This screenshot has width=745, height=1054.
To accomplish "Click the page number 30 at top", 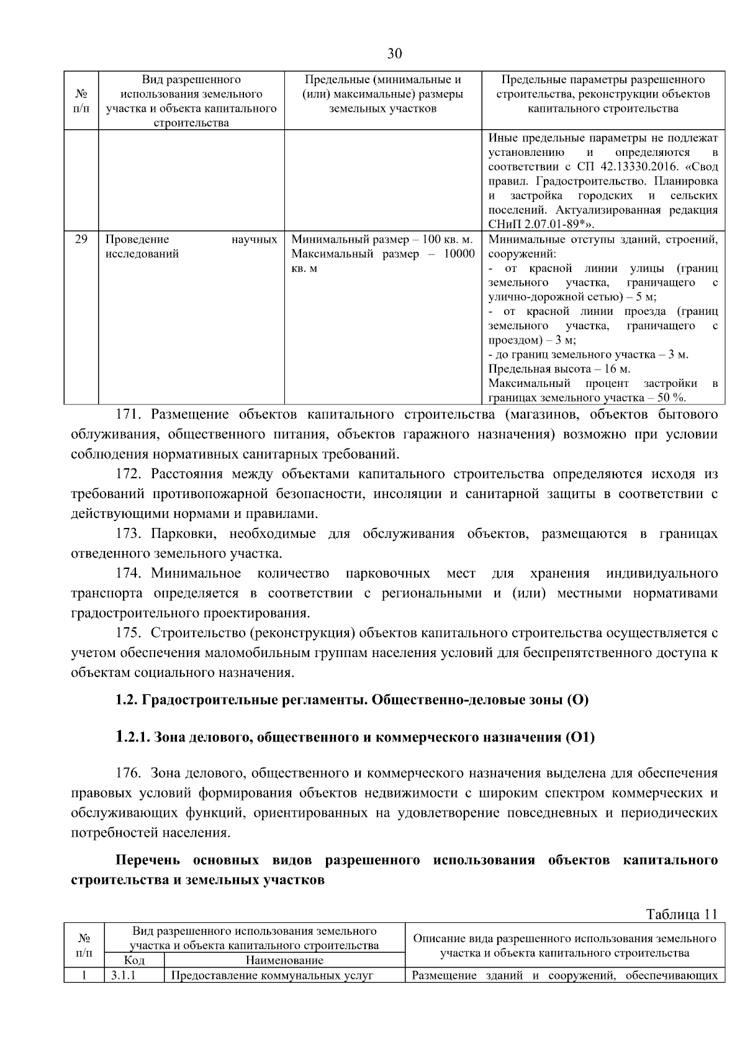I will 394,53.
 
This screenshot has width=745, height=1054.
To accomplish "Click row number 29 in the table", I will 81,239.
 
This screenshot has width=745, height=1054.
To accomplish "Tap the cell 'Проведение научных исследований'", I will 191,247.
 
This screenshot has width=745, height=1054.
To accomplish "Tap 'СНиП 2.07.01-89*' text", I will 533,224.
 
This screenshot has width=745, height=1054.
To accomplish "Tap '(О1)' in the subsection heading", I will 580,737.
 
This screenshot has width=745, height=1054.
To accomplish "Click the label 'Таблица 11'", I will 681,914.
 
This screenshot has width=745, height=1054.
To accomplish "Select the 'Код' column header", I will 134,960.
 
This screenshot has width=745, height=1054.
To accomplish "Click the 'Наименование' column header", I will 284,960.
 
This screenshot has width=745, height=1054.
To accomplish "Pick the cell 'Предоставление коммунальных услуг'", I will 271,975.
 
